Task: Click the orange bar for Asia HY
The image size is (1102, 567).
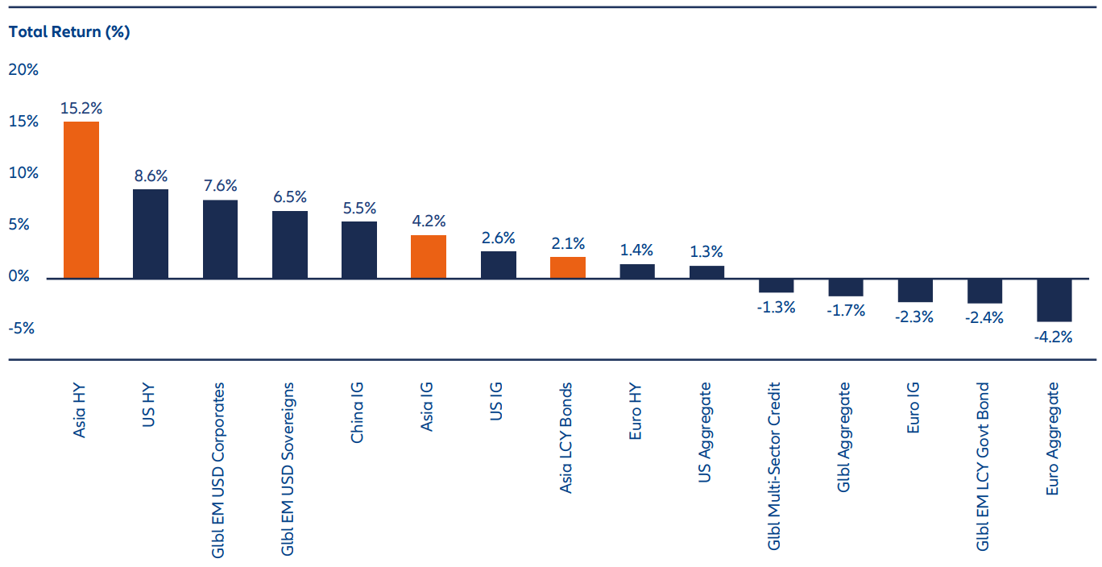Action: [81, 200]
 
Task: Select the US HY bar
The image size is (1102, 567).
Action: [151, 234]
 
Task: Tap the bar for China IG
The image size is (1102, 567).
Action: [359, 250]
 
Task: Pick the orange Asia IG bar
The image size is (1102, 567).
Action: [429, 256]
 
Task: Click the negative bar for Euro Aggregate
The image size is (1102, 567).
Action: [1054, 300]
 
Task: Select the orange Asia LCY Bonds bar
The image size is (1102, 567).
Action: [568, 267]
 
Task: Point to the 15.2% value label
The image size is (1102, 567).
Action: [81, 108]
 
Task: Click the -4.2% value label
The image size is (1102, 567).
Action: [1054, 337]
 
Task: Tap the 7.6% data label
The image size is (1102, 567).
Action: [220, 185]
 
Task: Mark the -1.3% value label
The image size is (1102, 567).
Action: [776, 307]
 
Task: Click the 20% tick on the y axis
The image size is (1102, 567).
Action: [23, 70]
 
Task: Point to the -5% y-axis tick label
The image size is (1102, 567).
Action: [23, 328]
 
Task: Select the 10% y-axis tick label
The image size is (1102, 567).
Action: [23, 173]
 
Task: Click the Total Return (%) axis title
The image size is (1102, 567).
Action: [68, 32]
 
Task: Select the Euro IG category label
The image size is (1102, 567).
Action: [913, 408]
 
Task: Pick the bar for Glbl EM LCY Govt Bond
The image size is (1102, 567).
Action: [984, 291]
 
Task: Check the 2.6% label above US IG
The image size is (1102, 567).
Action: [499, 238]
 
